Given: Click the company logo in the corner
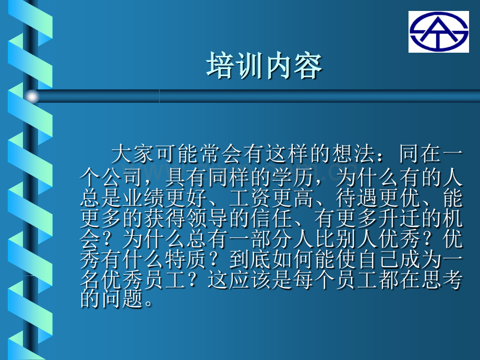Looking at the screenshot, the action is pyautogui.click(x=438, y=32).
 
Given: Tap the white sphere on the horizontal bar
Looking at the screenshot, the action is pyautogui.click(x=32, y=97).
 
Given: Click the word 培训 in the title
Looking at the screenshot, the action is pyautogui.click(x=235, y=66).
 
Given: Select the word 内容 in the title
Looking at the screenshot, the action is pyautogui.click(x=293, y=66).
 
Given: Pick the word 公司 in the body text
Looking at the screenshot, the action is pyautogui.click(x=122, y=177).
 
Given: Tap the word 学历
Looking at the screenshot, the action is pyautogui.click(x=292, y=177).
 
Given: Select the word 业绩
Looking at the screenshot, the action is pyautogui.click(x=143, y=198).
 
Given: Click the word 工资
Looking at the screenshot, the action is pyautogui.click(x=250, y=198).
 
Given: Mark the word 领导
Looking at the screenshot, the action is pyautogui.click(x=207, y=219).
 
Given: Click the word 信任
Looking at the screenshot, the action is pyautogui.click(x=271, y=219).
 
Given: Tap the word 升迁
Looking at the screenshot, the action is pyautogui.click(x=399, y=219).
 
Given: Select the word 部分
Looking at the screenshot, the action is pyautogui.click(x=271, y=239).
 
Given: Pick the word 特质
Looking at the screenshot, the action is pyautogui.click(x=186, y=260).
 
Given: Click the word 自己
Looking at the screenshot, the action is pyautogui.click(x=378, y=260).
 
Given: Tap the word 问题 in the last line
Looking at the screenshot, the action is pyautogui.click(x=122, y=299).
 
